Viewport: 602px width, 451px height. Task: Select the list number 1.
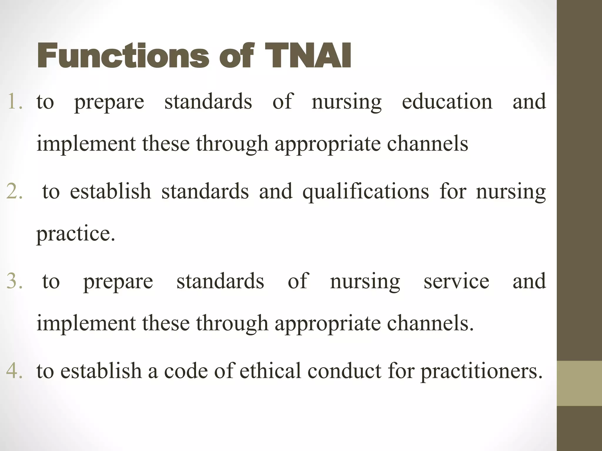(x=15, y=101)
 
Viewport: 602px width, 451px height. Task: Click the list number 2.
(x=14, y=191)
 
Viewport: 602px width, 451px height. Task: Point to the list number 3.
(x=14, y=281)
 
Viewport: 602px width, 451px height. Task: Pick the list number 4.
(x=14, y=371)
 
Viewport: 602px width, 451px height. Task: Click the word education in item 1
(x=447, y=101)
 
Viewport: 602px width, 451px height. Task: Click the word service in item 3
(x=456, y=281)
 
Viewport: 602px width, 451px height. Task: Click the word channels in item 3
(x=430, y=323)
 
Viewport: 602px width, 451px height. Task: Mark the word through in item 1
(x=232, y=144)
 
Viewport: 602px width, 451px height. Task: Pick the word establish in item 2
(x=111, y=191)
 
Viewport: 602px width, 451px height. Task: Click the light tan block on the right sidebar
(x=579, y=383)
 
